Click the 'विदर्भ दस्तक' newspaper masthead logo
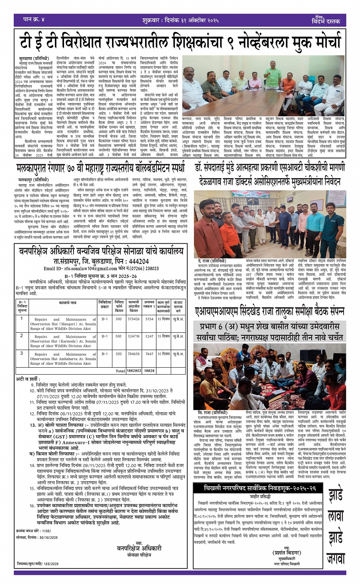point(325,20)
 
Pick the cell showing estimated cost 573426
point(133,319)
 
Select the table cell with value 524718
point(133,336)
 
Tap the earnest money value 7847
point(149,354)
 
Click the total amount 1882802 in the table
point(133,370)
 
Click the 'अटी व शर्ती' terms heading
point(28,379)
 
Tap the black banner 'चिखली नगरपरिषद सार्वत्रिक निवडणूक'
point(260,488)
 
